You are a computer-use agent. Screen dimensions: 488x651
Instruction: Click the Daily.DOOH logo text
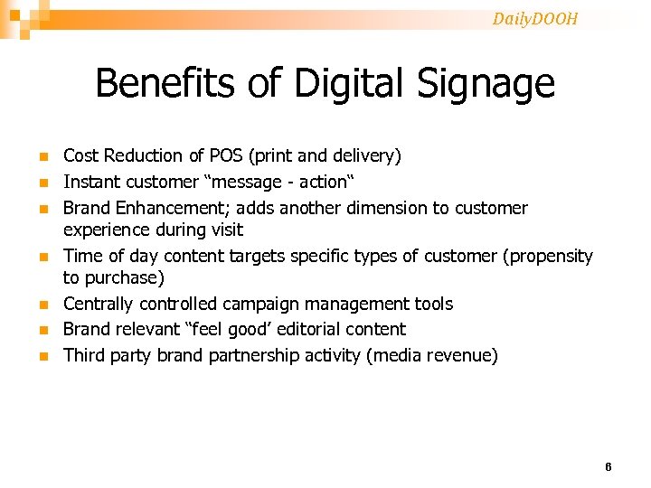click(x=534, y=19)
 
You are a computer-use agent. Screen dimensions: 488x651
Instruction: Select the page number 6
click(x=608, y=467)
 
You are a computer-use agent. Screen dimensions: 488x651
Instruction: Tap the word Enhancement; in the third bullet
click(x=190, y=208)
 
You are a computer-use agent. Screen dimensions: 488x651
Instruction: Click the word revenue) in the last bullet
click(x=463, y=355)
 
